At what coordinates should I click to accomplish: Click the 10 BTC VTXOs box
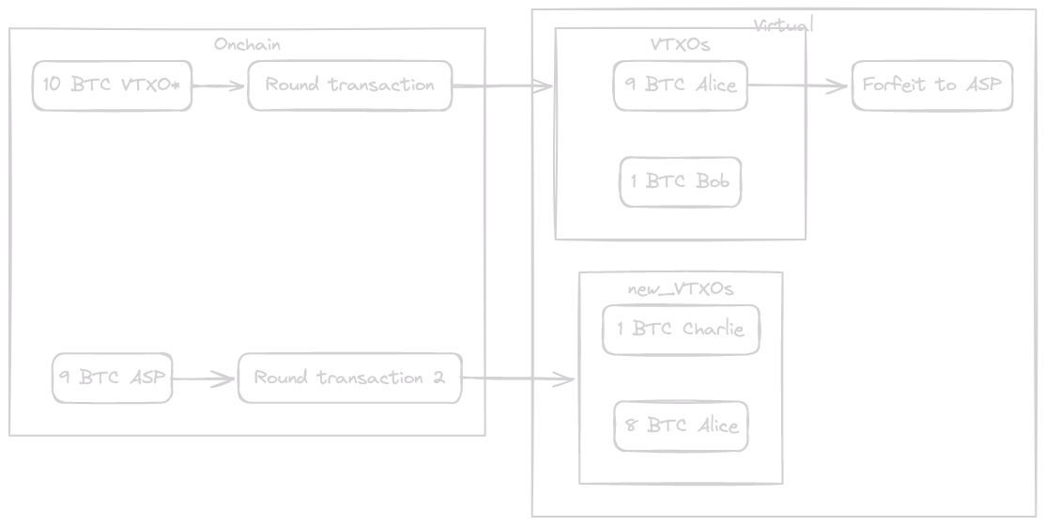click(112, 85)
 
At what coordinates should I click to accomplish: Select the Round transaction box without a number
click(349, 85)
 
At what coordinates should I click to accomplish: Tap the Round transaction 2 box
click(349, 379)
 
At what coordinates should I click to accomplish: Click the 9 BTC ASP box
click(112, 379)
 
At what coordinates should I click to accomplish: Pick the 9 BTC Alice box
click(681, 85)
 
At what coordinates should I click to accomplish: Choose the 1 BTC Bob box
click(681, 181)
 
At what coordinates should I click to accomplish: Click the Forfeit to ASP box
click(931, 85)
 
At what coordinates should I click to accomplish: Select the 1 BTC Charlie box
click(681, 330)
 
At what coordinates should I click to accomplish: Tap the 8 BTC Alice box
click(681, 425)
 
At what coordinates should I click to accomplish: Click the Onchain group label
click(247, 44)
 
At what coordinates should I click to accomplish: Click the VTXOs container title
click(680, 44)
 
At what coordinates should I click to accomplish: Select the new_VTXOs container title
click(680, 288)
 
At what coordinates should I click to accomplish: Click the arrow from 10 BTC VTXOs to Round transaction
click(220, 86)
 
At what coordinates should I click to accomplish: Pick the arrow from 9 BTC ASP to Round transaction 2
click(205, 379)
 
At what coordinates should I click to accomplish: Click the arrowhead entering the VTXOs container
click(545, 87)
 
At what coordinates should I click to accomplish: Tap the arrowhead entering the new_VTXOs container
click(566, 379)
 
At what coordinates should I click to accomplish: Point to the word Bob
click(713, 181)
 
